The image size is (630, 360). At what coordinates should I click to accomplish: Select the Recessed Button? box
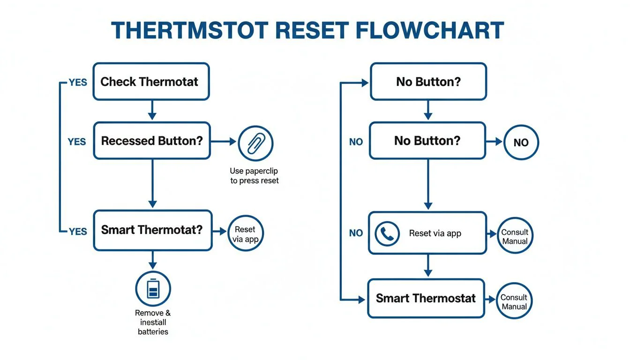pyautogui.click(x=152, y=141)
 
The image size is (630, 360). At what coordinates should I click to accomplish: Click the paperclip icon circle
pyautogui.click(x=255, y=143)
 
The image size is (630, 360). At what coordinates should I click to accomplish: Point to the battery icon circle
pyautogui.click(x=153, y=288)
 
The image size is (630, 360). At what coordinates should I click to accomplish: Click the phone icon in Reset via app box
pyautogui.click(x=388, y=233)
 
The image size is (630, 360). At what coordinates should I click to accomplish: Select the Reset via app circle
pyautogui.click(x=245, y=234)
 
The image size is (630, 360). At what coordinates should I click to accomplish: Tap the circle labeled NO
pyautogui.click(x=521, y=142)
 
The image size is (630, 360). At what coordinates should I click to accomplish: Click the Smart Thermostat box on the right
pyautogui.click(x=426, y=298)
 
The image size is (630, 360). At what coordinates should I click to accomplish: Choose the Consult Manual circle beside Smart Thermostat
pyautogui.click(x=514, y=301)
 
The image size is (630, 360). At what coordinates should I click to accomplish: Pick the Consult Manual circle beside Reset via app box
pyautogui.click(x=515, y=236)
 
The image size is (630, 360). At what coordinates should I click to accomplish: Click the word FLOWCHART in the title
pyautogui.click(x=430, y=30)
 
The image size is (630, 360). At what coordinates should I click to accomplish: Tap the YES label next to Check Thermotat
pyautogui.click(x=77, y=82)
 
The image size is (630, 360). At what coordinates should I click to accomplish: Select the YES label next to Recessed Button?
pyautogui.click(x=76, y=142)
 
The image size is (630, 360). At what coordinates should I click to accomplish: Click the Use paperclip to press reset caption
pyautogui.click(x=254, y=176)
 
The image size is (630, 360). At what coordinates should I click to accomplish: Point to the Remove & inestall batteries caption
pyautogui.click(x=153, y=322)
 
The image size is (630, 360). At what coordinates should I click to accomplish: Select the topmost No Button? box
pyautogui.click(x=428, y=82)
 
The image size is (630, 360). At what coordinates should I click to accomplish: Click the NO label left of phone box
pyautogui.click(x=356, y=233)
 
